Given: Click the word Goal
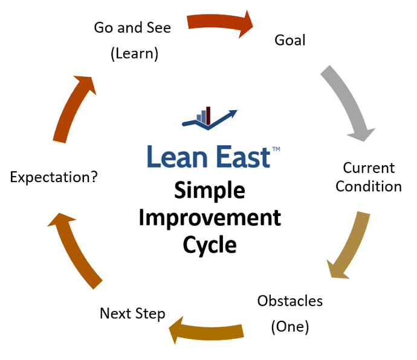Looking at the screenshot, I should (290, 41).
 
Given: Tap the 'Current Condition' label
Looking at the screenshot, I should (369, 177).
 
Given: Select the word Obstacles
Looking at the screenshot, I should (290, 301).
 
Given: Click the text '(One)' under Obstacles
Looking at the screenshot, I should (290, 327).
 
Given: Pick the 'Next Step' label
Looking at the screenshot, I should (132, 313).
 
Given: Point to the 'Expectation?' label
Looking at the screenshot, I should (54, 177).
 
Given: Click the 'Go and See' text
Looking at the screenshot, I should (132, 28).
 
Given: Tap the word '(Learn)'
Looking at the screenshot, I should (134, 53).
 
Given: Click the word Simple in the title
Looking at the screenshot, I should (210, 191).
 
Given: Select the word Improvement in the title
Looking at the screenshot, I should (210, 217).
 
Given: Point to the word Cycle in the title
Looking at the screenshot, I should (210, 244).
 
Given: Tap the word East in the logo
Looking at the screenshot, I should (238, 157).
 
